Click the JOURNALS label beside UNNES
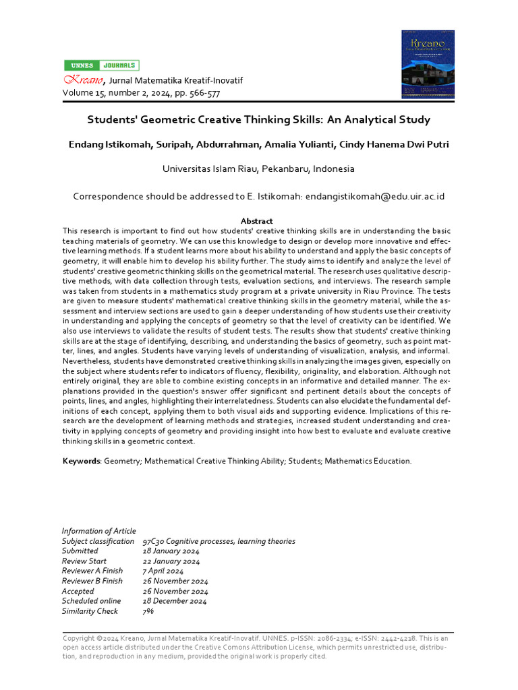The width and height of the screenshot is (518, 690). [x=119, y=65]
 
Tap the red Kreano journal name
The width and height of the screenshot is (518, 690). [x=79, y=80]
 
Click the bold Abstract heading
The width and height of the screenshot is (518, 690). [x=257, y=221]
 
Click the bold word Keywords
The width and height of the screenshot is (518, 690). [x=81, y=461]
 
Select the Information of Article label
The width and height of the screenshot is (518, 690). [x=98, y=531]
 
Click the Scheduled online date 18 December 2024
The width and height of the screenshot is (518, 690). [x=175, y=601]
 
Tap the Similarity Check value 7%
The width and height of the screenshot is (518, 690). [x=148, y=611]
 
